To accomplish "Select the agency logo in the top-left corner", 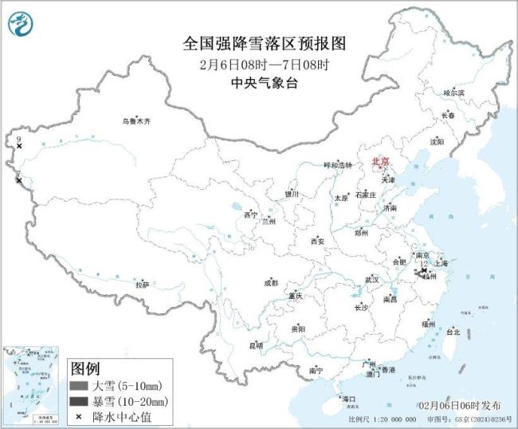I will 20,25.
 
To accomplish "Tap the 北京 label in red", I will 381,163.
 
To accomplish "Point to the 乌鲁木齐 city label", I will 136,121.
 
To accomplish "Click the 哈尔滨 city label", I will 453,93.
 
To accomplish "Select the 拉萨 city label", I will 142,285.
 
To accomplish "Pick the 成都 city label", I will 271,282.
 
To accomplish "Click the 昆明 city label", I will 256,345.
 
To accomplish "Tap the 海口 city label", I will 347,398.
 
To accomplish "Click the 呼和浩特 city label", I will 337,165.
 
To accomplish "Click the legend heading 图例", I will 85,368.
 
